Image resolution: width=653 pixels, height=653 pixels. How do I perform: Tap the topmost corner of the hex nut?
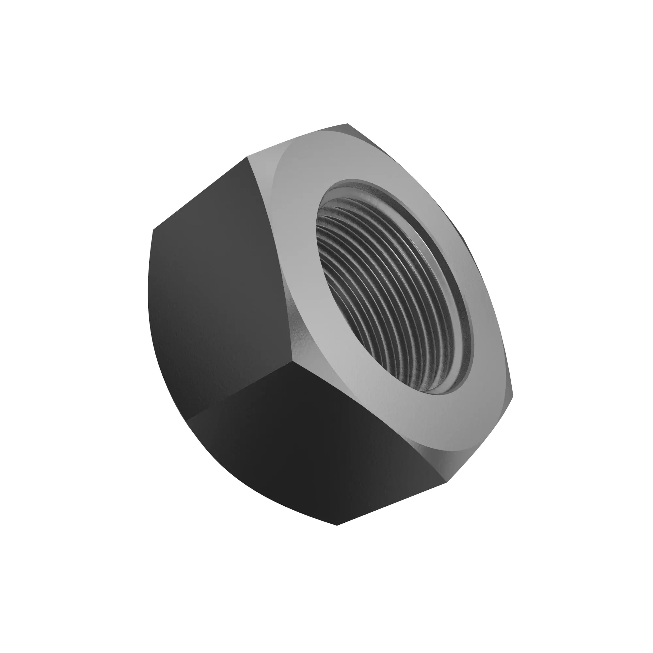pyautogui.click(x=348, y=124)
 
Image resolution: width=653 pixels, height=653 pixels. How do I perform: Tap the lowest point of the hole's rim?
pyautogui.click(x=443, y=394)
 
